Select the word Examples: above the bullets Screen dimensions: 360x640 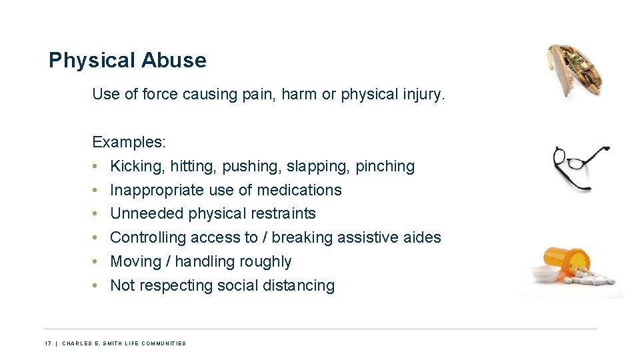[129, 142]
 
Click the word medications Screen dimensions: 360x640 [299, 190]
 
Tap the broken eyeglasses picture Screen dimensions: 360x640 [579, 167]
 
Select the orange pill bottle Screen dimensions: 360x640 [567, 261]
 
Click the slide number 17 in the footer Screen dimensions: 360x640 [47, 343]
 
